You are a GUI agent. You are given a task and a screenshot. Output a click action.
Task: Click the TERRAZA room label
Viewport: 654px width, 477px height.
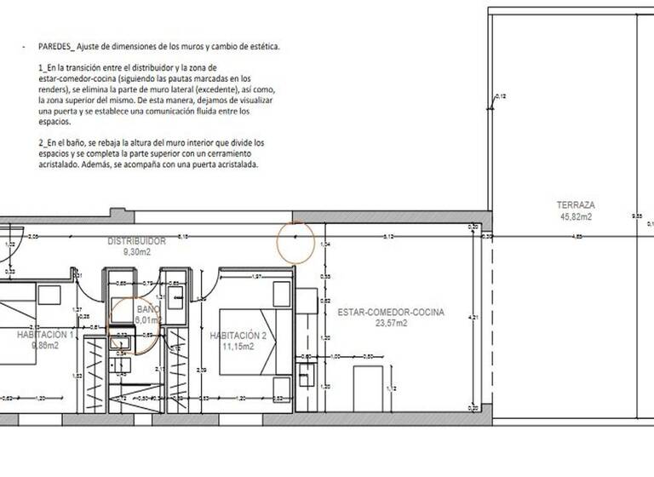tap(576, 205)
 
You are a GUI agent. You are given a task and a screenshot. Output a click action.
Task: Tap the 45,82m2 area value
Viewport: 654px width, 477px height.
tap(576, 216)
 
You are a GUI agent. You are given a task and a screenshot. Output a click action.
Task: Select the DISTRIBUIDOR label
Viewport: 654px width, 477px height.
tap(136, 241)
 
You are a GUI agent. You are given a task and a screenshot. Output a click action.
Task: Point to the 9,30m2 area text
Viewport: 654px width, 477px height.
tap(136, 252)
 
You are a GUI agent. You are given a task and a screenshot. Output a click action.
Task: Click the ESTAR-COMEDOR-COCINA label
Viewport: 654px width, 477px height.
tap(390, 312)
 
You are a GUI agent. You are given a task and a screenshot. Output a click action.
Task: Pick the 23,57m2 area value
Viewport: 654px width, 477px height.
tap(390, 323)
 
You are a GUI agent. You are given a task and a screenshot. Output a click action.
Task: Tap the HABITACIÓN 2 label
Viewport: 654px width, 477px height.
tap(238, 336)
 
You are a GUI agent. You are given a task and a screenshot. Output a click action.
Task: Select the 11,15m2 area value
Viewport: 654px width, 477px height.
tap(238, 347)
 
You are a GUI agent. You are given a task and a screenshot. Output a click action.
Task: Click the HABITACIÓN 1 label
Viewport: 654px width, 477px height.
tap(46, 336)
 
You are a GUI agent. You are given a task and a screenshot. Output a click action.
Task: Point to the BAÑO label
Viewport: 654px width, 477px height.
tap(148, 309)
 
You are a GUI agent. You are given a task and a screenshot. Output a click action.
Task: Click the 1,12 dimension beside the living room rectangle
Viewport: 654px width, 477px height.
tap(390, 388)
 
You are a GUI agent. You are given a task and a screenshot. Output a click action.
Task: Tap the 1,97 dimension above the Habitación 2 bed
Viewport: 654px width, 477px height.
tap(256, 277)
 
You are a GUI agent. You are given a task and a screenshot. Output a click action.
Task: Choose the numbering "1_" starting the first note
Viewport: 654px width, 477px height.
tap(43, 66)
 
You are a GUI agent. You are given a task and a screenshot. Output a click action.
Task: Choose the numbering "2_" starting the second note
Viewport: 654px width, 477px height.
tap(43, 141)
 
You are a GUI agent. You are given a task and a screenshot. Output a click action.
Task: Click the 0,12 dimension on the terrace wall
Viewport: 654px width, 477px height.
tap(500, 96)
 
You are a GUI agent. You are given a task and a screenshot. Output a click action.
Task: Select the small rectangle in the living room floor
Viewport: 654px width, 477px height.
tap(367, 387)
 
